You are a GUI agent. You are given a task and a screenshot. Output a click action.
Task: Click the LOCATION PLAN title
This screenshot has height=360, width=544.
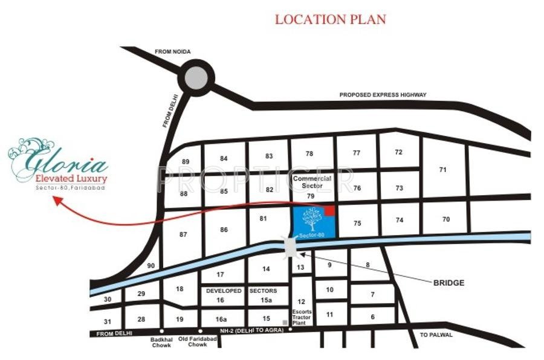(x=330, y=19)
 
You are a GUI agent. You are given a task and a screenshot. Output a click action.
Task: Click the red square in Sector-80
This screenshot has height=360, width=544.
(x=330, y=210)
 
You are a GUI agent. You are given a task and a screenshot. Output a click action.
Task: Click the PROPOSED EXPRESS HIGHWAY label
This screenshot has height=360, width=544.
(x=383, y=95)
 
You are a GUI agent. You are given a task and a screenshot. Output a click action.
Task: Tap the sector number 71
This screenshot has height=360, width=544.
(x=443, y=170)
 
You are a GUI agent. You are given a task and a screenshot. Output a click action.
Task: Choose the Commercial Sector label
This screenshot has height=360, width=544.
(x=312, y=182)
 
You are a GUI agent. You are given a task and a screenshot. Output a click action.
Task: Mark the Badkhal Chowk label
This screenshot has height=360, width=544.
(x=161, y=342)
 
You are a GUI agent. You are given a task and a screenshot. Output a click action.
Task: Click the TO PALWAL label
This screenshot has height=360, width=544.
(x=433, y=335)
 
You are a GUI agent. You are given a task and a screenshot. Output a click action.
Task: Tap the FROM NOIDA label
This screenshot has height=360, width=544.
(x=173, y=52)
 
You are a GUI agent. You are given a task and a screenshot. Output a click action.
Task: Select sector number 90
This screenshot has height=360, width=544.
(x=151, y=266)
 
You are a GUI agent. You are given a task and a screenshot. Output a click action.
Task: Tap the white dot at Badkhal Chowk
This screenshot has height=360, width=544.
(x=161, y=331)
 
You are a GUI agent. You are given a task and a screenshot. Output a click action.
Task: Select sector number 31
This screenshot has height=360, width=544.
(x=107, y=321)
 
